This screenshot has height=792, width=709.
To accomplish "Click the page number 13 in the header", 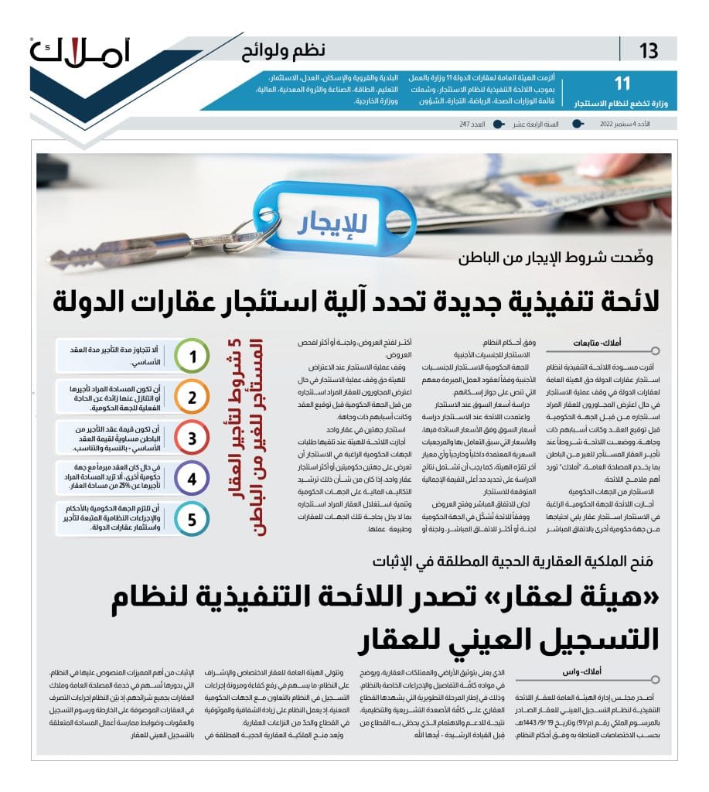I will pos(649,52).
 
